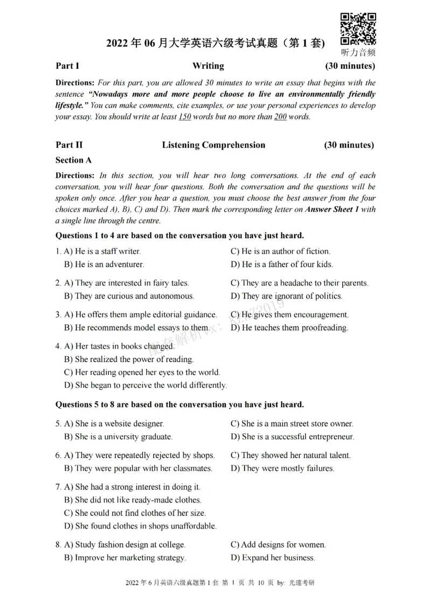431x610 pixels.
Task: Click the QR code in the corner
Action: click(x=358, y=30)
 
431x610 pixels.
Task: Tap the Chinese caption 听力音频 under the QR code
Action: click(x=358, y=53)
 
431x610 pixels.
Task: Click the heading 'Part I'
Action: click(x=67, y=66)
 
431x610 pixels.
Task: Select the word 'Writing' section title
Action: click(x=208, y=66)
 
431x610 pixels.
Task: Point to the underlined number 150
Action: click(x=185, y=117)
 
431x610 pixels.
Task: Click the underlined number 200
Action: click(x=280, y=117)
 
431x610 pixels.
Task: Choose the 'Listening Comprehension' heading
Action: click(x=213, y=145)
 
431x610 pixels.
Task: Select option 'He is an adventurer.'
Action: click(x=104, y=265)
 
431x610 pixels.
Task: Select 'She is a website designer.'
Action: click(x=114, y=424)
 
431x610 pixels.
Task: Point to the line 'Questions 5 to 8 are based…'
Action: click(x=179, y=405)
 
